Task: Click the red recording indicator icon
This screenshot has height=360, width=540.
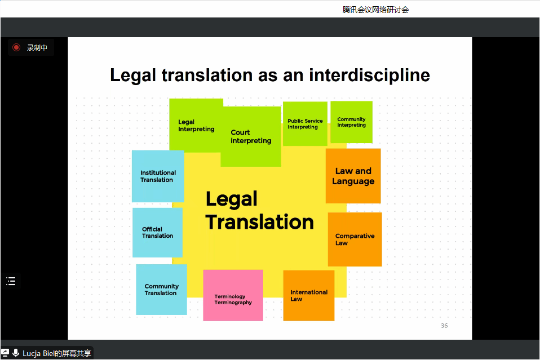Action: coord(16,47)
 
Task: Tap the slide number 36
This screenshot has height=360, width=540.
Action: coord(444,326)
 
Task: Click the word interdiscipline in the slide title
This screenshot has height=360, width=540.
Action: coord(369,75)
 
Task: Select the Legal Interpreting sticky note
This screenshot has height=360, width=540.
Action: coord(196,125)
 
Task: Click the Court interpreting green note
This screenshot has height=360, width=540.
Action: coord(251,137)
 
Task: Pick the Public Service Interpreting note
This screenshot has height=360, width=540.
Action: coord(305,124)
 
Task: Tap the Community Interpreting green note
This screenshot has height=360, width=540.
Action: coord(351,122)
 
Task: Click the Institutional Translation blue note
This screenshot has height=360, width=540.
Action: coord(158,176)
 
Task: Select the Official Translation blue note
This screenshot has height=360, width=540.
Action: coord(157,232)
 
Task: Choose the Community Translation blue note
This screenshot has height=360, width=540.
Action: coord(162,290)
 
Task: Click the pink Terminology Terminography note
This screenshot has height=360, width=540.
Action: coord(233,295)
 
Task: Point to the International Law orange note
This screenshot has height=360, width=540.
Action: coord(308,296)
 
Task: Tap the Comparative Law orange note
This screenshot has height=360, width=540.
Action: coord(355,239)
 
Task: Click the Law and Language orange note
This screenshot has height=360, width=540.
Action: coord(353,176)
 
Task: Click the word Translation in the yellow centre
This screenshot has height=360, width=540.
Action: coord(260,221)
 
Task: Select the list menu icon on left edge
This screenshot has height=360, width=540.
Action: coord(11,281)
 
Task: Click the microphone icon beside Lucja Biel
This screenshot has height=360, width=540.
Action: coord(15,353)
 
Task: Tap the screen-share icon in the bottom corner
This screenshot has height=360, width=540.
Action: coord(5,353)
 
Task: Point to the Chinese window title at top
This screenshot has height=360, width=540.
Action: coord(375,10)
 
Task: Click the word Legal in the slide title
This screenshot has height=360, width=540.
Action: coord(133,75)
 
